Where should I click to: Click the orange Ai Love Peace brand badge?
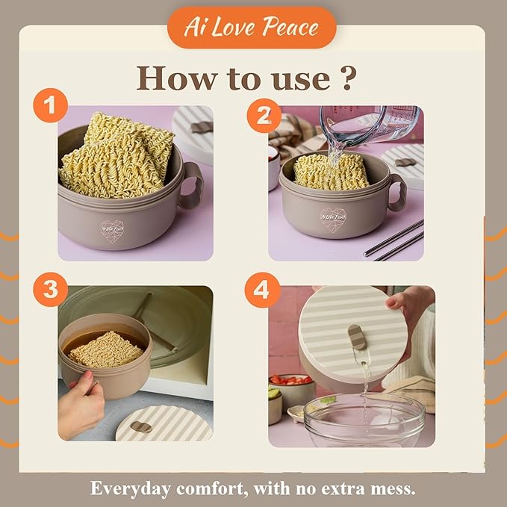pos(252,28)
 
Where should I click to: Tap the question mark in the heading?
pos(348,78)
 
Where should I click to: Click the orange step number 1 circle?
pos(51,105)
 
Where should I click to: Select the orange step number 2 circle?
pos(264,116)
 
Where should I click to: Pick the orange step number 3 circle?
pos(51,290)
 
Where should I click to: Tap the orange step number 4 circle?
pos(262,290)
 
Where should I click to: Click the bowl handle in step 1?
pos(191,185)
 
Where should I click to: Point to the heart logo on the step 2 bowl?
pos(333,219)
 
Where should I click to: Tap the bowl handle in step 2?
pos(398,192)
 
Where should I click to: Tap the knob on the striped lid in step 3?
pos(141,427)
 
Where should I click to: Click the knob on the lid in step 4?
pos(355,337)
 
